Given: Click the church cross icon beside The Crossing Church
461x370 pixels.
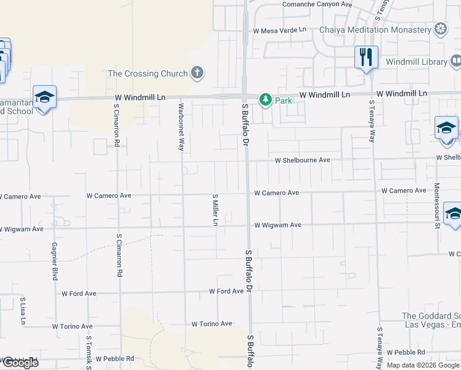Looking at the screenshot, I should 197,73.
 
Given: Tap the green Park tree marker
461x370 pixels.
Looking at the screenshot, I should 265,99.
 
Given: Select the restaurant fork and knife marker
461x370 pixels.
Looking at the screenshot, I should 366,57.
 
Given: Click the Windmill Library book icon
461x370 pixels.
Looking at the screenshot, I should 455,61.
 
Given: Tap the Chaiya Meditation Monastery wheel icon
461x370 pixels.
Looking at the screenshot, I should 440,28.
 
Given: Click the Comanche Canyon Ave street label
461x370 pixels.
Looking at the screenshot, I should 317,4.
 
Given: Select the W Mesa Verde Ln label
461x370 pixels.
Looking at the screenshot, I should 279,30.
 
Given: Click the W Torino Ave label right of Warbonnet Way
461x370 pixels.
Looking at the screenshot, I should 211,324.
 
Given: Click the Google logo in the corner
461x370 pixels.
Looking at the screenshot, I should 20,363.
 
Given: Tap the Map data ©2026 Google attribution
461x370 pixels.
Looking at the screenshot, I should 423,365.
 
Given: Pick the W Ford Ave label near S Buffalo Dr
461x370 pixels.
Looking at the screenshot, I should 226,291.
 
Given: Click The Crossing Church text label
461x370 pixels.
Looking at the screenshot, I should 148,74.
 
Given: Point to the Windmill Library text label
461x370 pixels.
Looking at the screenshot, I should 417,62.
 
